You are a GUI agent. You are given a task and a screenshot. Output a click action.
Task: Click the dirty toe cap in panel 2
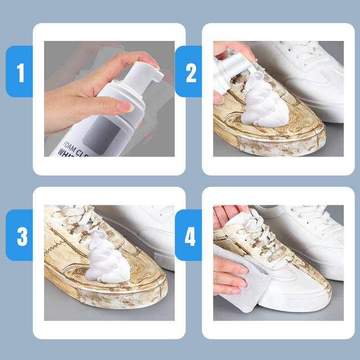[292, 135]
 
